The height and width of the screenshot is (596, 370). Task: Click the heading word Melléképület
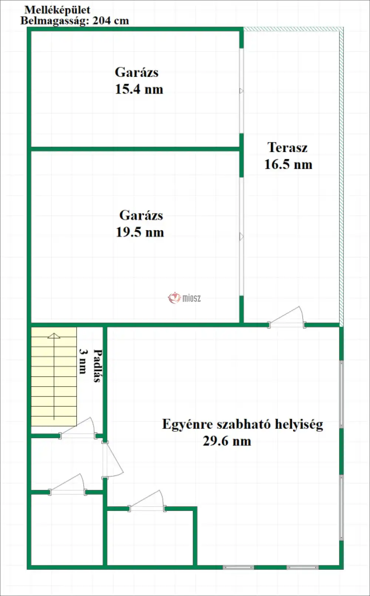click(x=57, y=10)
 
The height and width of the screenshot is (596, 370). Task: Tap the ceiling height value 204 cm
click(x=111, y=20)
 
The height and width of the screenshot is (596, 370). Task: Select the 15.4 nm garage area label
click(x=139, y=89)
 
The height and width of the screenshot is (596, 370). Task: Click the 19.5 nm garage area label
click(x=140, y=232)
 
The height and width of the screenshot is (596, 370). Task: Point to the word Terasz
click(x=287, y=148)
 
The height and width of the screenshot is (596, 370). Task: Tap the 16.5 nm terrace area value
click(x=288, y=165)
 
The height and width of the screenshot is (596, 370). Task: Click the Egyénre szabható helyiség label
click(x=242, y=424)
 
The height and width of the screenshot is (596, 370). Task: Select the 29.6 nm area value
click(x=227, y=441)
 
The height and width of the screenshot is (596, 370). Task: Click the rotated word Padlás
click(x=97, y=366)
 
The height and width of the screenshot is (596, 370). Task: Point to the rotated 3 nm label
click(x=83, y=361)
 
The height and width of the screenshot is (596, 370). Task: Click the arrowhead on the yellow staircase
click(x=54, y=336)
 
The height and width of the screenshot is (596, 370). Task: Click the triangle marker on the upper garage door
click(x=241, y=91)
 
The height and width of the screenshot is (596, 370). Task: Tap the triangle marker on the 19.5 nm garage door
click(x=241, y=236)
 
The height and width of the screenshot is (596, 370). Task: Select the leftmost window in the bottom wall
click(x=238, y=567)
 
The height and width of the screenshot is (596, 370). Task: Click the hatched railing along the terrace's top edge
click(x=292, y=29)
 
